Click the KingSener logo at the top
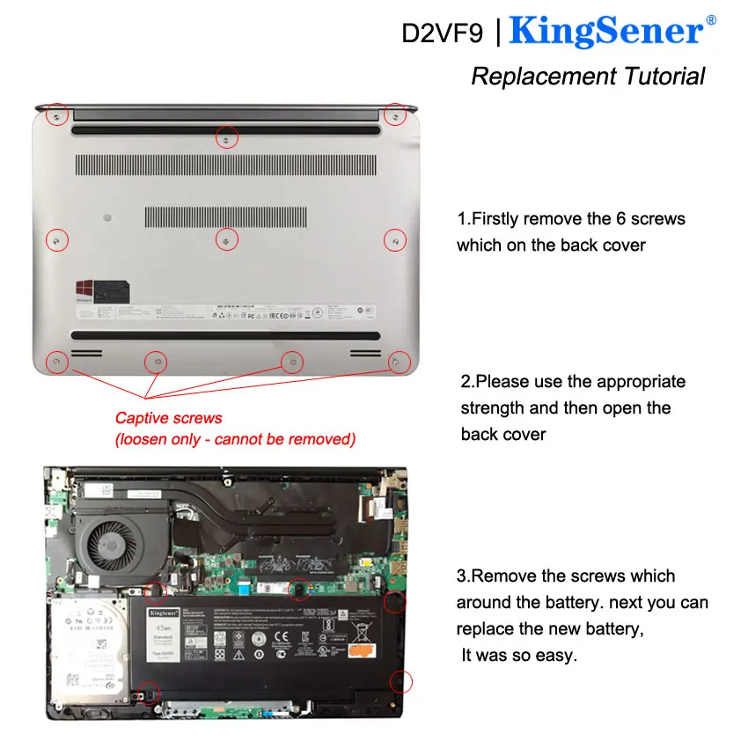606,32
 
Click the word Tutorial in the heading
664,76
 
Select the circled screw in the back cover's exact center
226,238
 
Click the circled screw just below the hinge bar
226,138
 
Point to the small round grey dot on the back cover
106,215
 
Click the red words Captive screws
169,418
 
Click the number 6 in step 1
616,219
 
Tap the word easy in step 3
560,656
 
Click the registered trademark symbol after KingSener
711,19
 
